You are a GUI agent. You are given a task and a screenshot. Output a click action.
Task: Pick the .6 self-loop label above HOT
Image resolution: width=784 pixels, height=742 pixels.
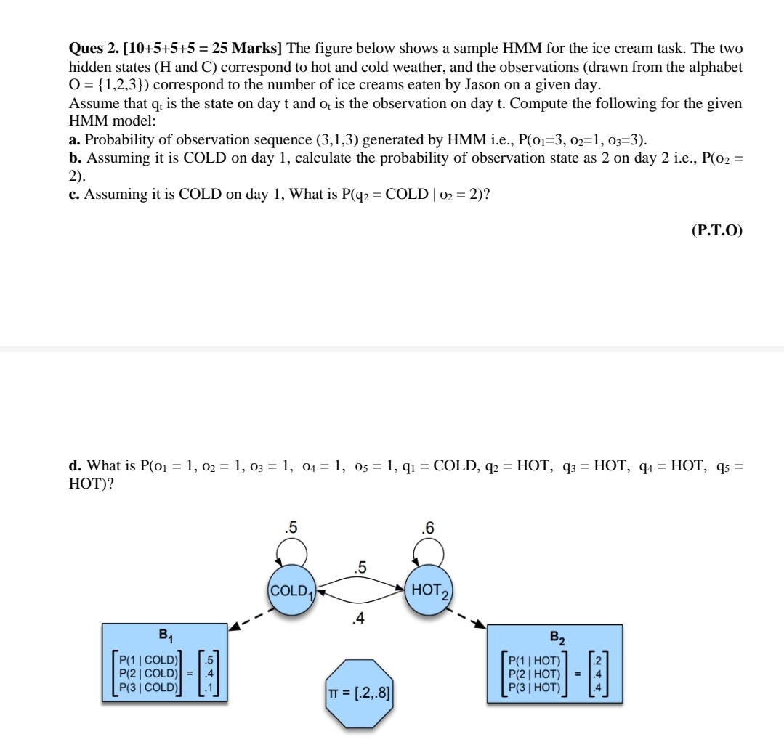tap(427, 527)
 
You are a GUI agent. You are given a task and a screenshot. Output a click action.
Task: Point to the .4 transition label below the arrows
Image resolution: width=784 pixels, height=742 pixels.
tap(358, 619)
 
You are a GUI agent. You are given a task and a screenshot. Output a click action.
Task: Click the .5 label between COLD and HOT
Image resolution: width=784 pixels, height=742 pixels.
tap(359, 567)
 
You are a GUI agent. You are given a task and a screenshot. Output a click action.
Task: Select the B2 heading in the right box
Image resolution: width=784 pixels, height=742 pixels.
tap(555, 638)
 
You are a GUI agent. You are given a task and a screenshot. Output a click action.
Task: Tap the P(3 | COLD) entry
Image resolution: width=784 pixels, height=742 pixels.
tap(149, 686)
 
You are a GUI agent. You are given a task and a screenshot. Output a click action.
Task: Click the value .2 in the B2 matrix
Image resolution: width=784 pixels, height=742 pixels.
tap(597, 660)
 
